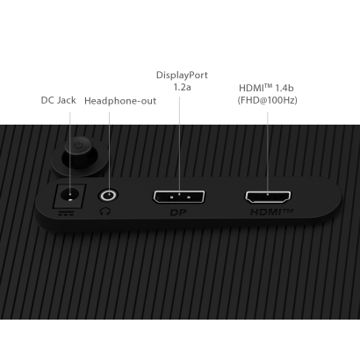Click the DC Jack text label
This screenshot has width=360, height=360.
tap(58, 100)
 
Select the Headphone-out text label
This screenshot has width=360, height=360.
tap(120, 101)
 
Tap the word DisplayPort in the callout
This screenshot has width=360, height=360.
tap(182, 75)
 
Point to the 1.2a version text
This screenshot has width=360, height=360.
tap(182, 87)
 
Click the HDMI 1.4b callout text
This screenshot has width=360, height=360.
tap(266, 88)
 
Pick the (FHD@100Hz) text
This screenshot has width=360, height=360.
tap(267, 100)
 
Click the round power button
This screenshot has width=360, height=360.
tap(78, 153)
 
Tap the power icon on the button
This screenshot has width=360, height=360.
tap(78, 145)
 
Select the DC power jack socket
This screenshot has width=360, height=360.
tap(69, 196)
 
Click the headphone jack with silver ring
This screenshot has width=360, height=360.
tap(109, 195)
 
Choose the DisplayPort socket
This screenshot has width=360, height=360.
tap(179, 197)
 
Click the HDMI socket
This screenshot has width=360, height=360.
tap(268, 197)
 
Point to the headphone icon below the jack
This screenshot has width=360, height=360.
tap(105, 211)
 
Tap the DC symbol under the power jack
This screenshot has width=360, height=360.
tap(66, 213)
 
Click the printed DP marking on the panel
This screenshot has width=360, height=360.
tap(178, 212)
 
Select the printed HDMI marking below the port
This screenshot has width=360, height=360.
tap(271, 212)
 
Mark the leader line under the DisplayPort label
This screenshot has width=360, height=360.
tap(179, 146)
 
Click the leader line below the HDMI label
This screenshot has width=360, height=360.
tap(268, 154)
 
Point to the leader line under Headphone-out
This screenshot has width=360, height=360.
tap(109, 152)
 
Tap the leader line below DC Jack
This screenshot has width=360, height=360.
tap(70, 153)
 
